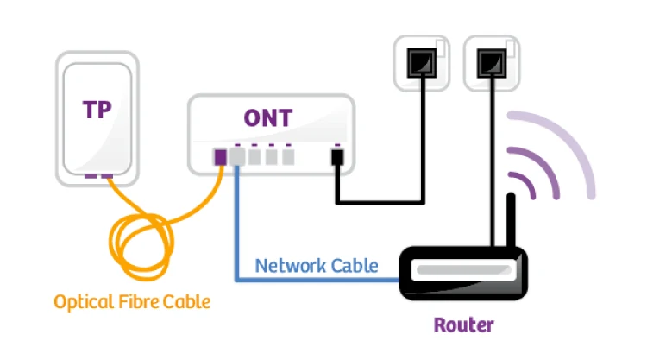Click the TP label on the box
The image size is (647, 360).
(97, 110)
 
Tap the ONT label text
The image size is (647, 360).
(268, 118)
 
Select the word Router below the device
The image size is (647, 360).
(463, 325)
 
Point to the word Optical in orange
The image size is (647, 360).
(84, 302)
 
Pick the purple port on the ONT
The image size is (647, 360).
(220, 157)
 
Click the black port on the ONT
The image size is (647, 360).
(337, 157)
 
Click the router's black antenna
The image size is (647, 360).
(511, 220)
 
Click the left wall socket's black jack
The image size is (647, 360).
(422, 63)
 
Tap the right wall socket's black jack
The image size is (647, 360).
(492, 63)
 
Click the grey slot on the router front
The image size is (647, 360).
(464, 270)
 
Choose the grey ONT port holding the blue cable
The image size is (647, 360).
(237, 157)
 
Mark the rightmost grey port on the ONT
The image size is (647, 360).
(288, 157)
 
